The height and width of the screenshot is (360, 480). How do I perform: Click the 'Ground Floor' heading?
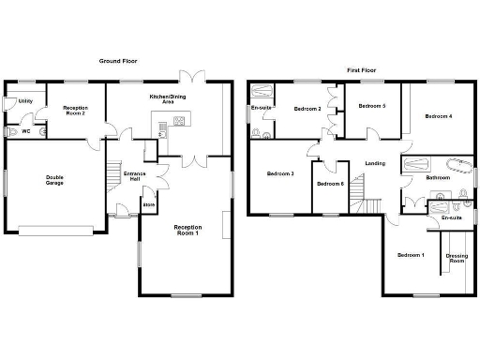pyautogui.click(x=119, y=60)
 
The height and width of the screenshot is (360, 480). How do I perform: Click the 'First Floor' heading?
pyautogui.click(x=361, y=69)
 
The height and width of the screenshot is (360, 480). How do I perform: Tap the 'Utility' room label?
pyautogui.click(x=25, y=100)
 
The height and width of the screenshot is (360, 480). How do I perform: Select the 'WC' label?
pyautogui.click(x=25, y=131)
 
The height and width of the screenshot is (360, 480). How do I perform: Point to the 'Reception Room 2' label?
pyautogui.click(x=74, y=112)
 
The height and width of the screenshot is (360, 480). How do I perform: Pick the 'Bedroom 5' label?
pyautogui.click(x=372, y=106)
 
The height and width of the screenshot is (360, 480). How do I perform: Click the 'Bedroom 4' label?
pyautogui.click(x=438, y=116)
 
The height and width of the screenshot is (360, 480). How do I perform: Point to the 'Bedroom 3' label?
pyautogui.click(x=280, y=173)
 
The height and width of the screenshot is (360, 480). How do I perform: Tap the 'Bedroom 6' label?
pyautogui.click(x=330, y=184)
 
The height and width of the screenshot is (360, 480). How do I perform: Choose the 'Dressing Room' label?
pyautogui.click(x=457, y=258)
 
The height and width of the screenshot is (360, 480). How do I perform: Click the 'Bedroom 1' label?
pyautogui.click(x=410, y=255)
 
